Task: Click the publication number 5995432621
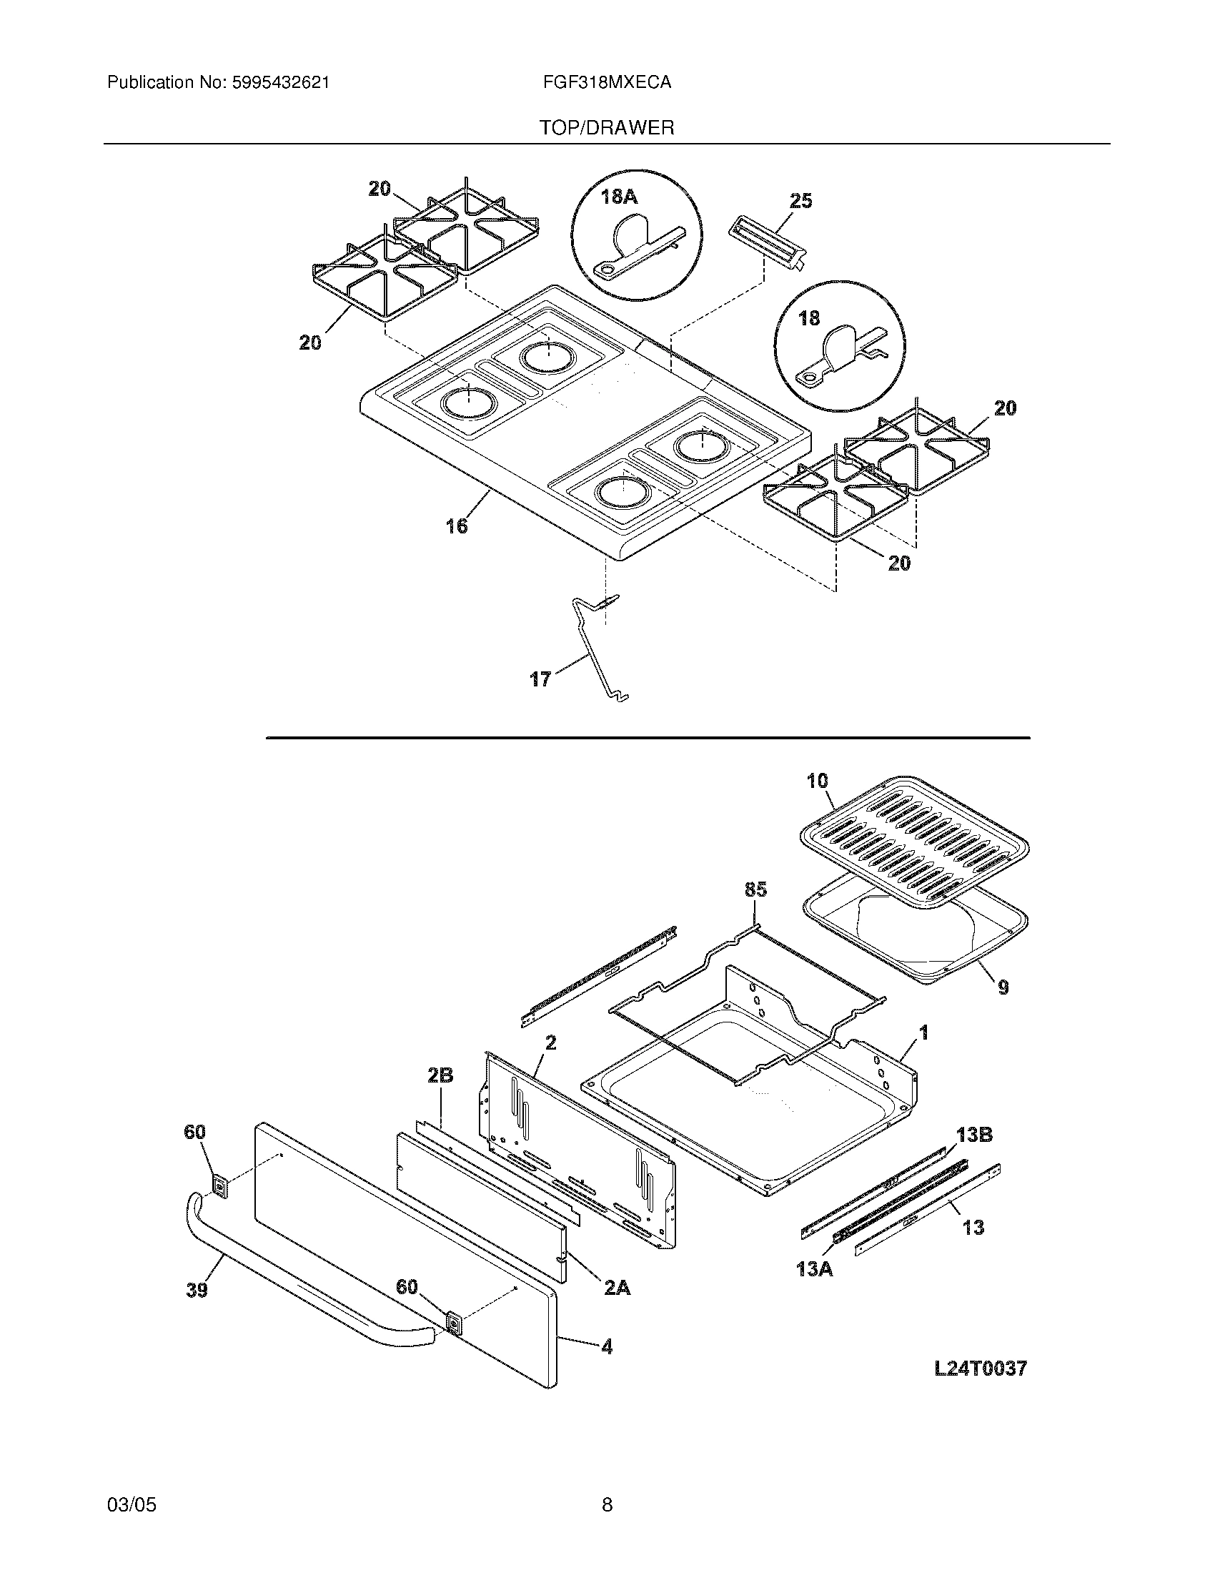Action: point(280,83)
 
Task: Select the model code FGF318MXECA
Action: point(607,83)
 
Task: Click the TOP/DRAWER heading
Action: point(607,128)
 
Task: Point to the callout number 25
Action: point(800,201)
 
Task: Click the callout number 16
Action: point(457,526)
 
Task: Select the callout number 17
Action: point(540,679)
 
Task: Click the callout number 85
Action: point(755,889)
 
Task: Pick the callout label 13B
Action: point(975,1135)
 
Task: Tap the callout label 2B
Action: point(440,1095)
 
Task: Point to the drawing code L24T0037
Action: point(981,1369)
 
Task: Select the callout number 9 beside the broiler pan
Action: point(1003,987)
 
